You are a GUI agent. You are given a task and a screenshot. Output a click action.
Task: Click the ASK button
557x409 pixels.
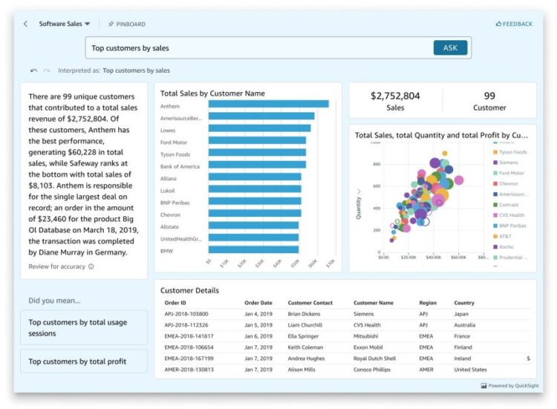pyautogui.click(x=450, y=48)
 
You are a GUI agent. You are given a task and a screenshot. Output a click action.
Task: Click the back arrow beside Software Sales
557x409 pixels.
pyautogui.click(x=26, y=24)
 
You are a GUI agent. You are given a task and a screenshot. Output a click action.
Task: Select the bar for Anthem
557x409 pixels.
pyautogui.click(x=268, y=104)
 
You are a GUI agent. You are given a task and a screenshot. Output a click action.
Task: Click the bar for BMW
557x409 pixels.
pyautogui.click(x=253, y=251)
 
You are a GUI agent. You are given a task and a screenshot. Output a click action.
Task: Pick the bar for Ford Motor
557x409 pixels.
pyautogui.click(x=257, y=140)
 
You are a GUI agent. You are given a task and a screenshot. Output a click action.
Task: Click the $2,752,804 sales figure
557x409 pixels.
pyautogui.click(x=395, y=96)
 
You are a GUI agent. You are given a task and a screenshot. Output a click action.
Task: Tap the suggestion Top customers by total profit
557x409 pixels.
pyautogui.click(x=83, y=361)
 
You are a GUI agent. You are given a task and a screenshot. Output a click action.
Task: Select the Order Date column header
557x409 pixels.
pyautogui.click(x=258, y=303)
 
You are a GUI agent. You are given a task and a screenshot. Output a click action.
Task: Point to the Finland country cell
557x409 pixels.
pyautogui.click(x=464, y=347)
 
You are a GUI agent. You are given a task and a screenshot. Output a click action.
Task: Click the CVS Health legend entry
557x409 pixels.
pyautogui.click(x=512, y=215)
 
